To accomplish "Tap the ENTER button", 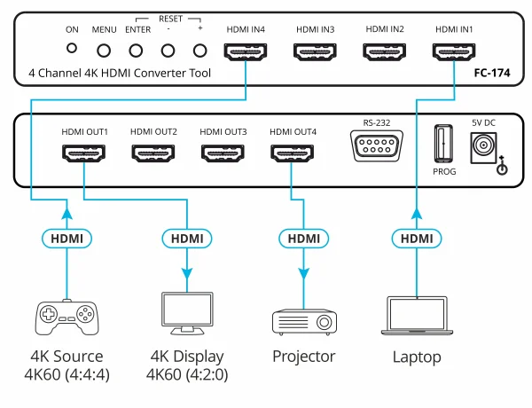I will [137, 51].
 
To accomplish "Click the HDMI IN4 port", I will [246, 52].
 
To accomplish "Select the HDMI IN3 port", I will [315, 52].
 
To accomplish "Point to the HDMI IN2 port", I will [384, 52].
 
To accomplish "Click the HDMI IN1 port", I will [453, 52].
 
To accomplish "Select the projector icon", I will [303, 318].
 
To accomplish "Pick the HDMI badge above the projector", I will [303, 238].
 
